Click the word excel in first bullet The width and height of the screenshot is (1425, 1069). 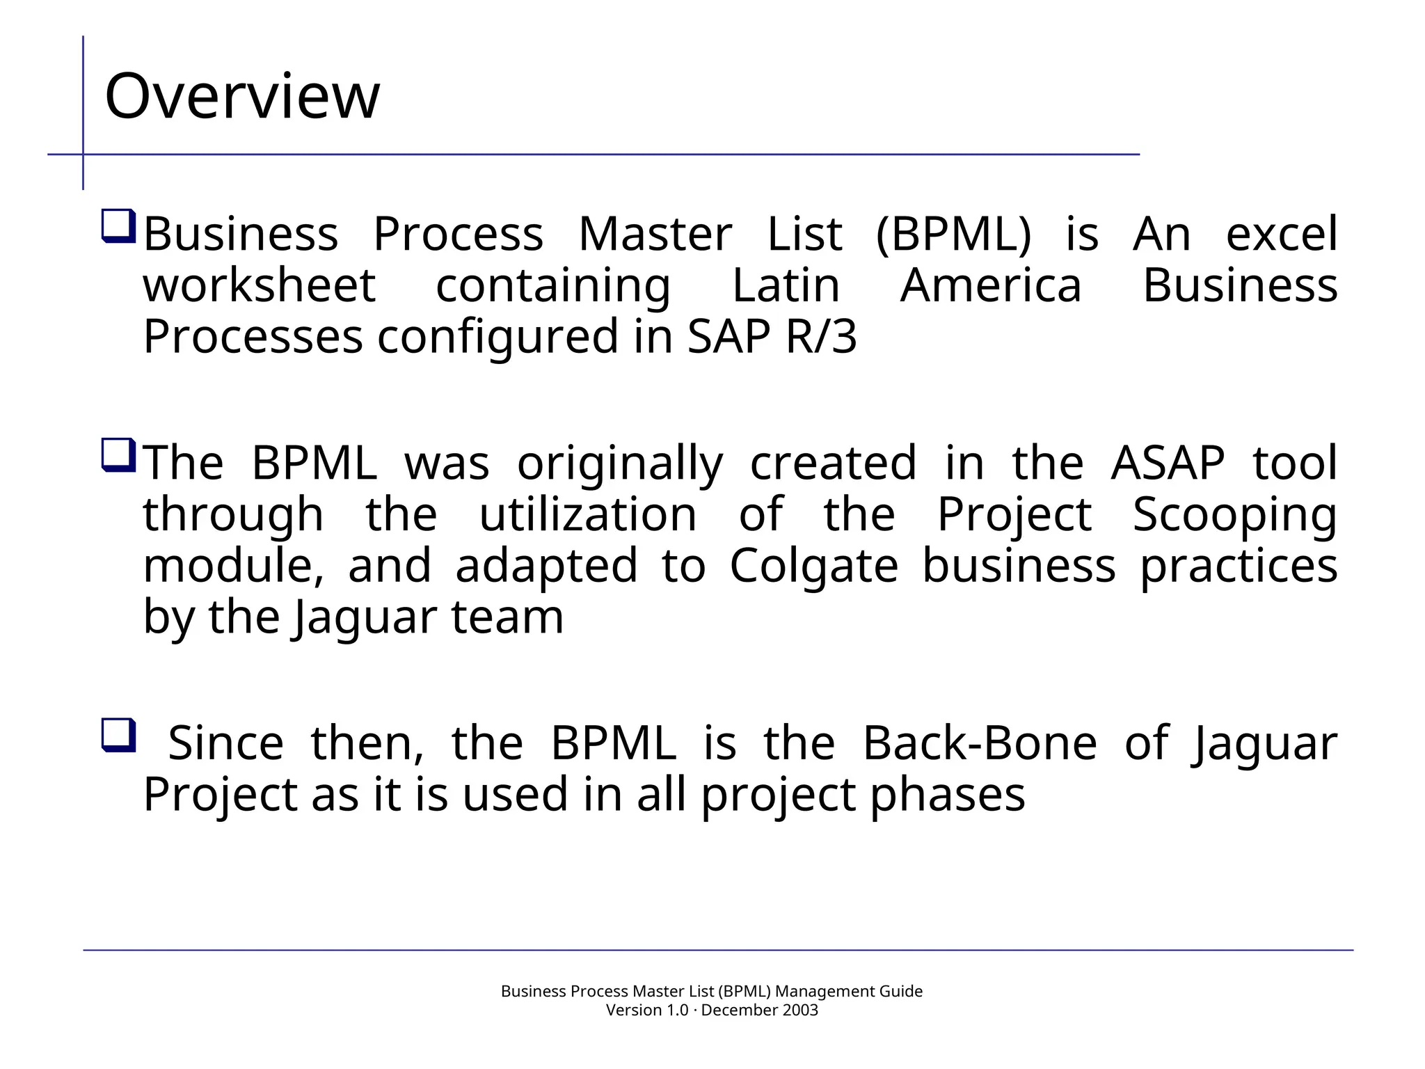pos(1281,234)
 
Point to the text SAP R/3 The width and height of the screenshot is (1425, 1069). pos(772,337)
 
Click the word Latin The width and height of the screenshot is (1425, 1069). pos(786,285)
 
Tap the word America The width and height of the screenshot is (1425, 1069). pos(991,285)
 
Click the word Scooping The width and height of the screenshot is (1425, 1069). pos(1234,516)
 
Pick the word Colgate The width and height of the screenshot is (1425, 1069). pos(813,567)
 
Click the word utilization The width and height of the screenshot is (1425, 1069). pos(588,514)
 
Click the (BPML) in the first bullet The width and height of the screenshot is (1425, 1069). pos(953,234)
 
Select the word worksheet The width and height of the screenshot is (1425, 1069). pos(260,285)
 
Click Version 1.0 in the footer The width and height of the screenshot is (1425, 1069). pos(647,1010)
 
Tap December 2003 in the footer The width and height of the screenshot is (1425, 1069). pos(759,1010)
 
